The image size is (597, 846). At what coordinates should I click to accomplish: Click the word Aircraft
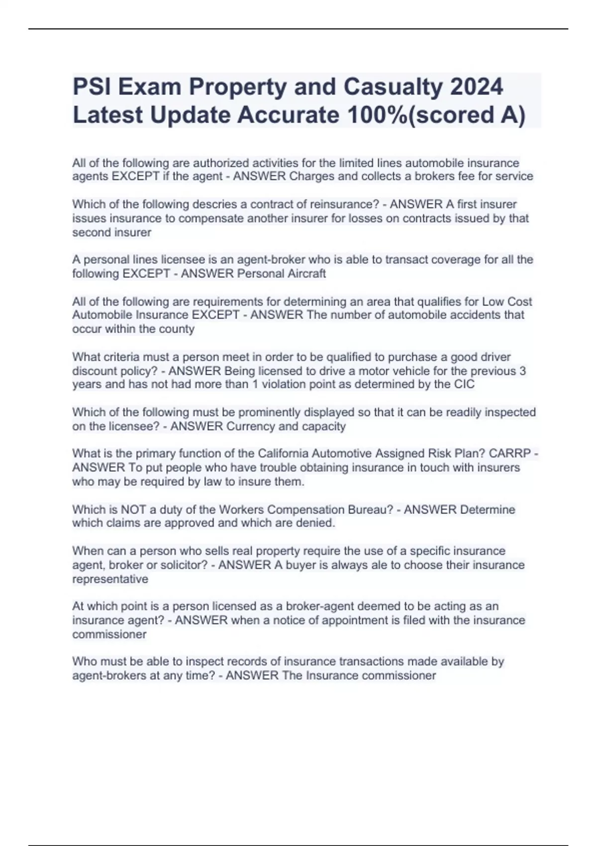coord(305,274)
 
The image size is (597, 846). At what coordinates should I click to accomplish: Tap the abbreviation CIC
coord(464,384)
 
